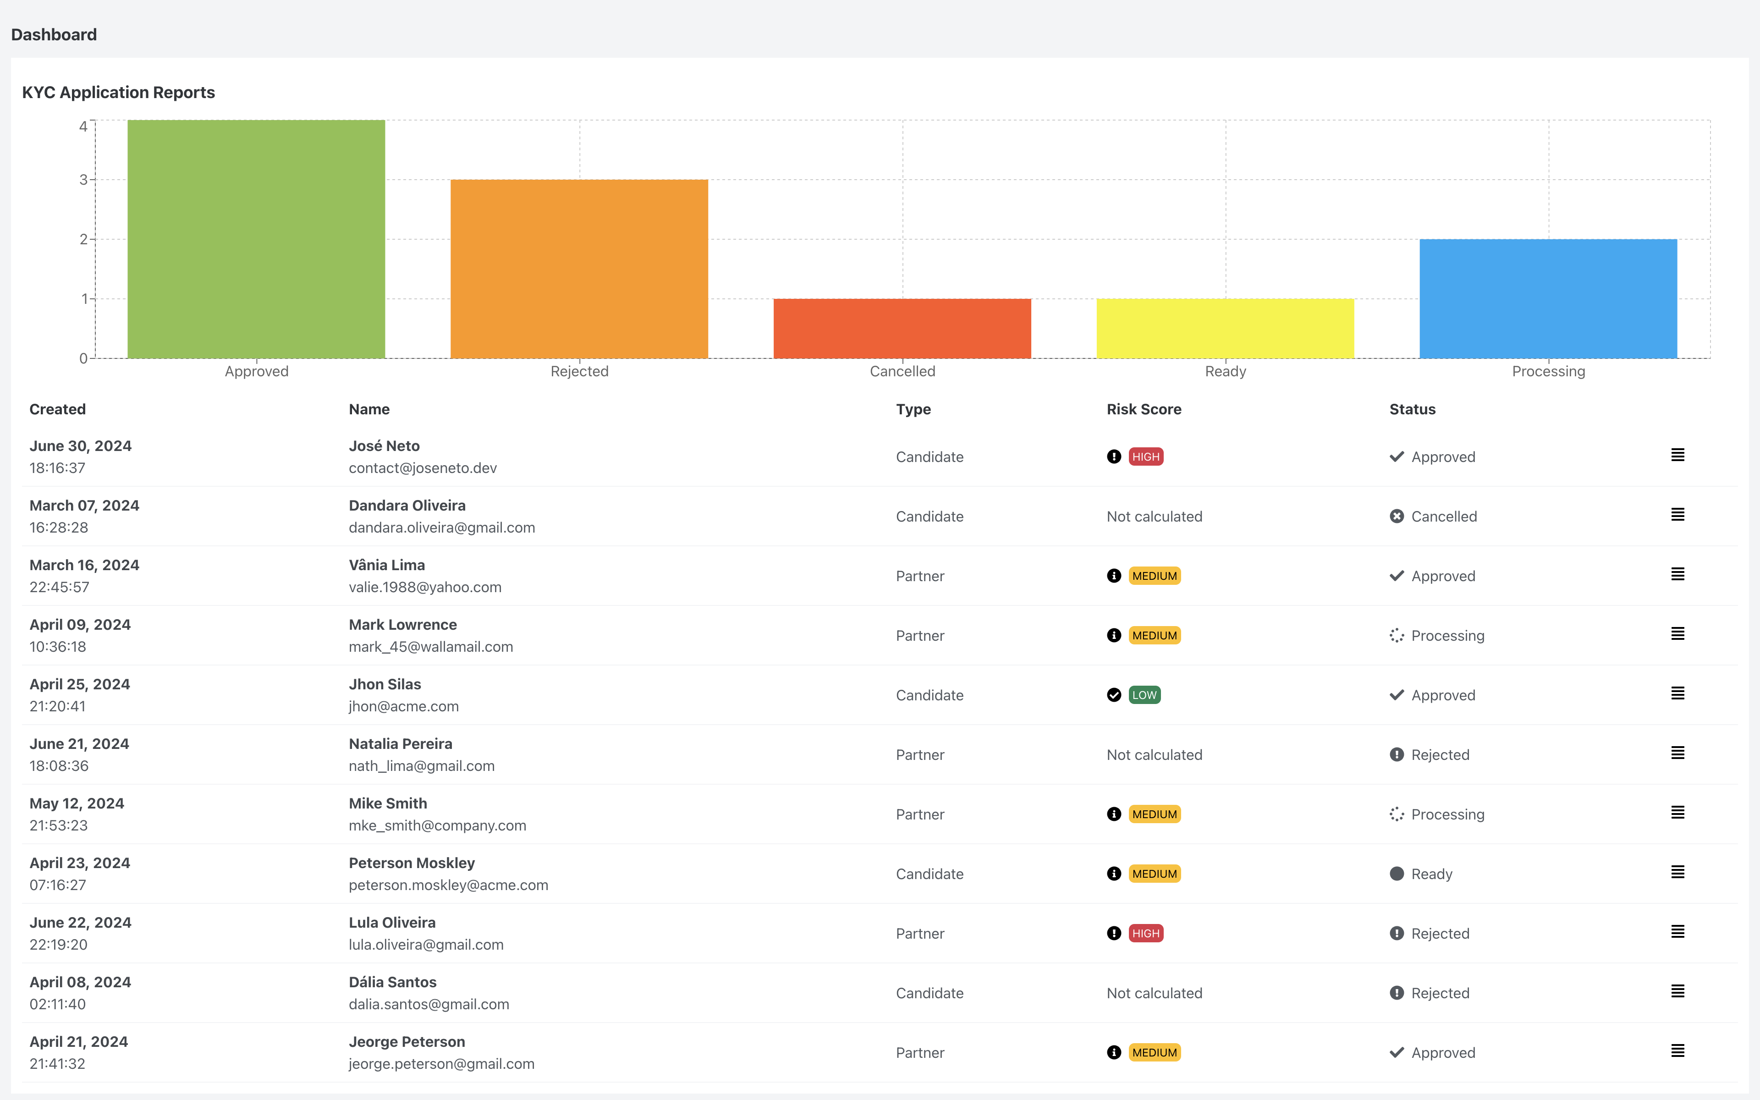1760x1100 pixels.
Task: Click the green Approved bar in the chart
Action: [256, 239]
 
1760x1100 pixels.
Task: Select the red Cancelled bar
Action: [902, 328]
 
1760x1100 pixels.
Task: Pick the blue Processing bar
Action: [1548, 298]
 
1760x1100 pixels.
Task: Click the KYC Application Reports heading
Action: [119, 93]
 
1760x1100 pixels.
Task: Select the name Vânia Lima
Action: [387, 565]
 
